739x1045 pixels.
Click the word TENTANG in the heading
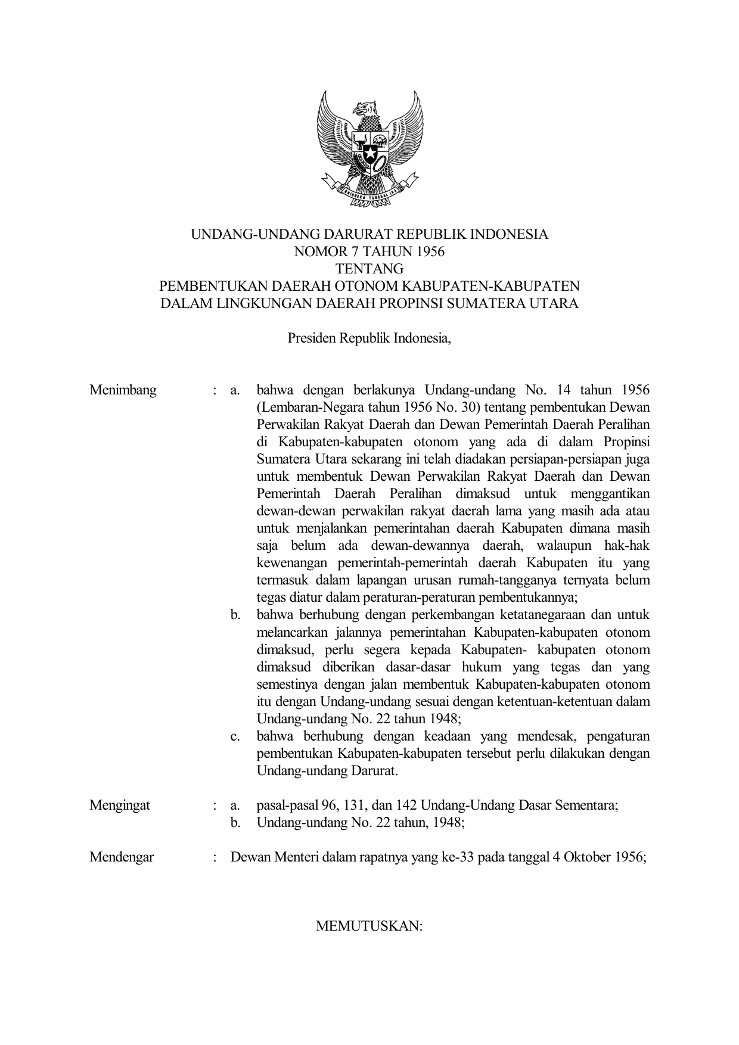(x=369, y=269)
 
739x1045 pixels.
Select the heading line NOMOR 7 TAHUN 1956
(x=369, y=251)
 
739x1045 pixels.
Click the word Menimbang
(x=123, y=390)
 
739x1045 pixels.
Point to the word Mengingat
(x=120, y=805)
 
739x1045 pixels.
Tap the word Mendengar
(x=122, y=857)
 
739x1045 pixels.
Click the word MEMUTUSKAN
(x=369, y=927)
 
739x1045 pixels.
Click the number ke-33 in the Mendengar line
(x=458, y=857)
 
